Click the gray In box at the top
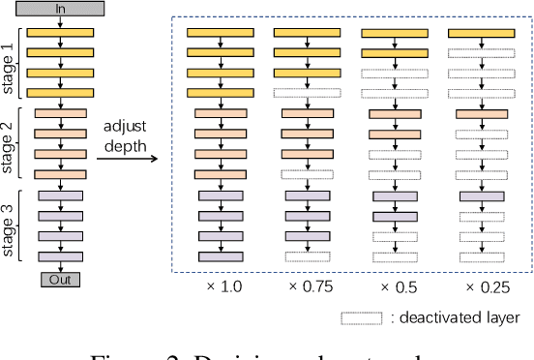[x=60, y=8]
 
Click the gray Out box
[x=60, y=280]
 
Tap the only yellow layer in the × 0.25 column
[x=481, y=32]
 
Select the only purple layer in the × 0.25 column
[x=481, y=195]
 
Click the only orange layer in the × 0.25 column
[x=481, y=113]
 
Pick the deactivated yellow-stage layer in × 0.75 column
[x=307, y=93]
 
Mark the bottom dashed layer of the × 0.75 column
[x=307, y=255]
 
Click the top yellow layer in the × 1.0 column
[x=220, y=32]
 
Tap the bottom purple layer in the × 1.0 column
[x=220, y=255]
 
